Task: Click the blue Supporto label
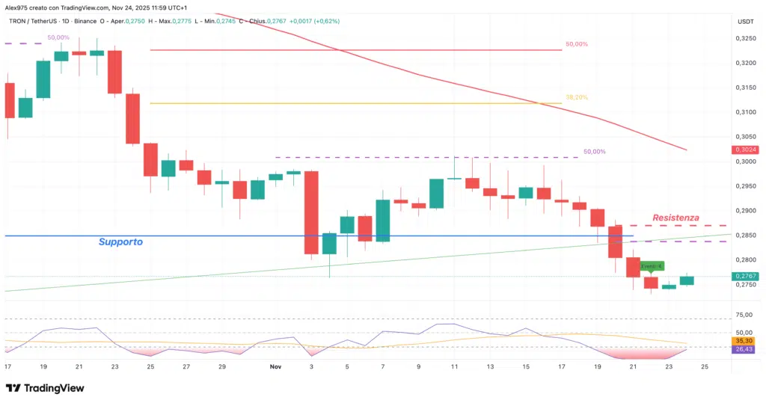pos(120,242)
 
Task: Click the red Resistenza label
pos(675,218)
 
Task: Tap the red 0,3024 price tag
pos(746,150)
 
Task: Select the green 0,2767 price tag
pos(746,276)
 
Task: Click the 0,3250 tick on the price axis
pos(745,38)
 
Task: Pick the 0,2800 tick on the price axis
pos(745,260)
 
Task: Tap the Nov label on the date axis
pos(275,367)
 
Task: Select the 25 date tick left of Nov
pos(150,367)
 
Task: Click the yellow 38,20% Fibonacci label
pos(576,97)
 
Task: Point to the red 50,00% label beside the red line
pos(576,45)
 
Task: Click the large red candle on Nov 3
pos(311,212)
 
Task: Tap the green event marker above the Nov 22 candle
pos(652,265)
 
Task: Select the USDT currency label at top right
pos(745,21)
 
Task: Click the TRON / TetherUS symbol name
pos(42,21)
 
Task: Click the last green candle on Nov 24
pos(687,280)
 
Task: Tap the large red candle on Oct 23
pos(114,73)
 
